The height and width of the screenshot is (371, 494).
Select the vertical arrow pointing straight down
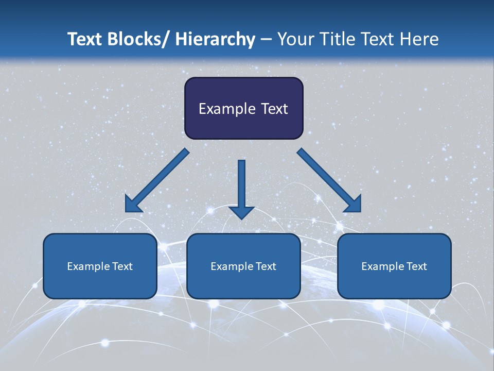(x=241, y=185)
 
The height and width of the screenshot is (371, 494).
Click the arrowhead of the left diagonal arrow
(x=133, y=205)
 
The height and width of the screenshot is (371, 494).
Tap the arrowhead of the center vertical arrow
(x=241, y=212)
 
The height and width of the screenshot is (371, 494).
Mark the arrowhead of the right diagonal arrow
(x=353, y=204)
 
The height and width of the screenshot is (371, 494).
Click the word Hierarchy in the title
(x=215, y=39)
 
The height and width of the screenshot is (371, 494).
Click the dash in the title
(x=266, y=39)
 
